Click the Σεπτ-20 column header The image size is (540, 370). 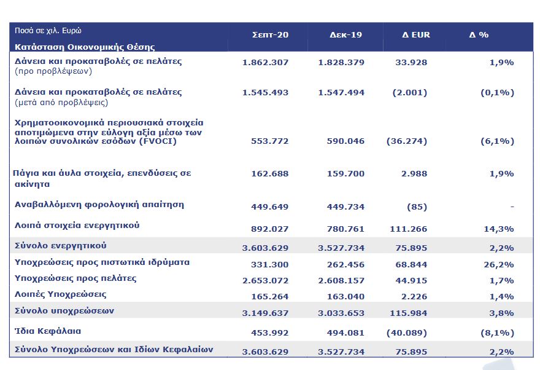point(270,34)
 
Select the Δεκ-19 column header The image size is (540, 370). point(345,34)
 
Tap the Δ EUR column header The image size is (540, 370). point(416,34)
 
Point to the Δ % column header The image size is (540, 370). point(479,34)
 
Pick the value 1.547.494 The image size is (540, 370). point(341,93)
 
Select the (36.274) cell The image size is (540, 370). point(407,141)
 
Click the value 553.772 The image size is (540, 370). point(270,141)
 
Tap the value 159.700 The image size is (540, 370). point(345,174)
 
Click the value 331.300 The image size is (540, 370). point(270,264)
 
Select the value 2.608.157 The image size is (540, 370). point(341,280)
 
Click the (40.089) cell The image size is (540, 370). point(407,334)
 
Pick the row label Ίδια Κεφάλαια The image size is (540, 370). point(48,331)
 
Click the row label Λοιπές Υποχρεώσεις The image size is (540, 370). point(60,294)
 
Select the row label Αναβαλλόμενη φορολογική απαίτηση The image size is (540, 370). point(99,205)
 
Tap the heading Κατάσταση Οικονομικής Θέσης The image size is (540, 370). point(84,47)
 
